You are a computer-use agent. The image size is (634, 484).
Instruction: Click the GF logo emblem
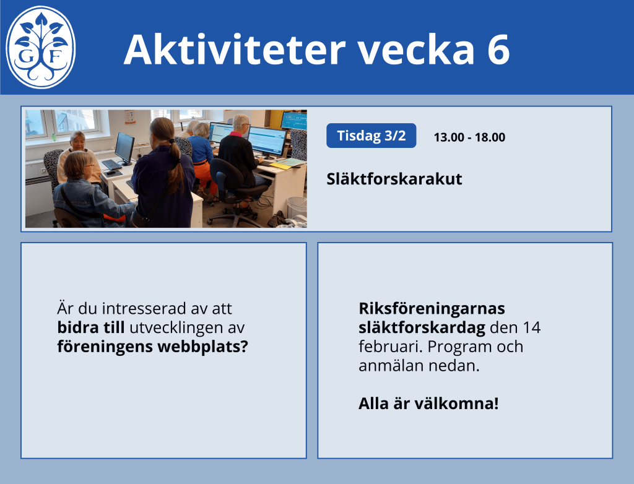point(40,47)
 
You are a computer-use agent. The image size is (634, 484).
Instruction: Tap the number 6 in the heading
point(498,50)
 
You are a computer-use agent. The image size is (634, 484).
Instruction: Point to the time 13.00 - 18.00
point(469,137)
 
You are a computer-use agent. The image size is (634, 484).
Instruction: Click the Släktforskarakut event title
point(394,179)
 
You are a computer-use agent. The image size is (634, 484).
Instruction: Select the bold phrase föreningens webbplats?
point(152,347)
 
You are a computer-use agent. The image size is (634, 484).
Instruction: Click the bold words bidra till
point(91,327)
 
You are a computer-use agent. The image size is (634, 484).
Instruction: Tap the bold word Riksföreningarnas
point(432,308)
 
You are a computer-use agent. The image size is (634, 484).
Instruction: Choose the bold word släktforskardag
point(422,327)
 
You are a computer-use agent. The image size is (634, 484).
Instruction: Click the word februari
point(391,347)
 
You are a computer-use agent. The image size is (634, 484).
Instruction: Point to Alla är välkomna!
point(428,404)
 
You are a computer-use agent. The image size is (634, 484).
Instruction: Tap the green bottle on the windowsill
point(53,137)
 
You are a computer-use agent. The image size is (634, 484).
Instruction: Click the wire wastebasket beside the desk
point(297,207)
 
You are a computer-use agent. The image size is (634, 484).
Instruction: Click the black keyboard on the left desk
point(111,165)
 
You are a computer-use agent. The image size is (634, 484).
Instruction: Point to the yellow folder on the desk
point(280,165)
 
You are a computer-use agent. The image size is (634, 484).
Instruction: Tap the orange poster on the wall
point(130,117)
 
